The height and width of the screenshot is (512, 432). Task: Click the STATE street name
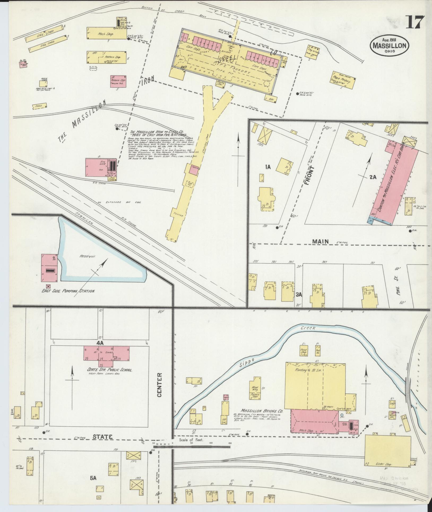103,437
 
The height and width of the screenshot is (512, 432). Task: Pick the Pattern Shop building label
112,57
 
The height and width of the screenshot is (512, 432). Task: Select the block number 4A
100,343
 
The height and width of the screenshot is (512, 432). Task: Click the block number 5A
93,478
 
